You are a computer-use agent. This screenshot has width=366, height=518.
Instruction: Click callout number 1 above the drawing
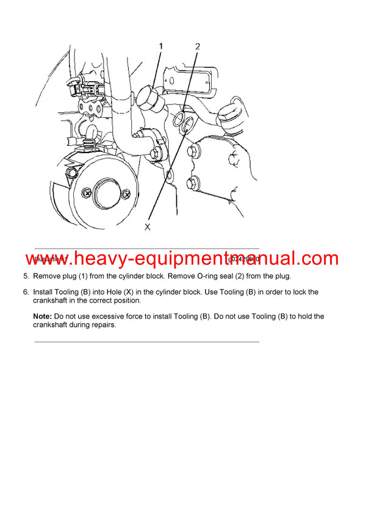[x=161, y=46]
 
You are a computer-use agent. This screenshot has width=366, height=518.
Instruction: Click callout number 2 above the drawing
[x=198, y=46]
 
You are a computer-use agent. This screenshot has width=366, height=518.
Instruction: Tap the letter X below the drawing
[x=147, y=226]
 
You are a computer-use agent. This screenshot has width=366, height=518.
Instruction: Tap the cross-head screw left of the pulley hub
[x=87, y=193]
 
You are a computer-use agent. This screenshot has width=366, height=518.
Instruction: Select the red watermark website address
[x=182, y=259]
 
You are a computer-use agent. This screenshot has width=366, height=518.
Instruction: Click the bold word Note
[x=43, y=317]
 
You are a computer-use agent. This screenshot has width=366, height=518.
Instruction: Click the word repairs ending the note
[x=101, y=325]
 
